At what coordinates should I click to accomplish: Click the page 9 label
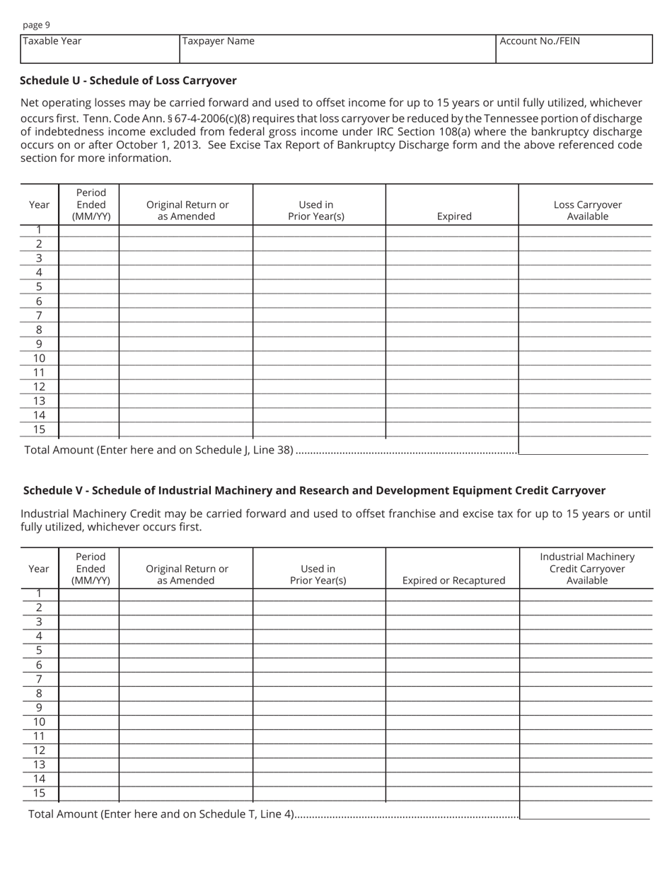pos(36,25)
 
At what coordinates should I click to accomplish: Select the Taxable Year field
pos(100,49)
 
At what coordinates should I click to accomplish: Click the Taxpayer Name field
pos(337,49)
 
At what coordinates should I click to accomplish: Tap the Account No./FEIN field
pos(574,49)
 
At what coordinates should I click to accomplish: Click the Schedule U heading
pos(128,81)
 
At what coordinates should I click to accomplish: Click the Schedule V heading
pos(314,490)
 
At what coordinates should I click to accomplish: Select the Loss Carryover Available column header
pos(587,210)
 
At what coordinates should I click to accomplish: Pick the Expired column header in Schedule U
pos(453,216)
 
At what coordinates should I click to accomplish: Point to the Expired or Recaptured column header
pos(453,580)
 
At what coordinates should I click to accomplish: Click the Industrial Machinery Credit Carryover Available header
pos(587,568)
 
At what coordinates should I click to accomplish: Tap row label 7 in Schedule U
pos(39,315)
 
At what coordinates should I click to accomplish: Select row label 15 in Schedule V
pos(39,793)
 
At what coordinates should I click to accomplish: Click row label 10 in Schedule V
pos(39,721)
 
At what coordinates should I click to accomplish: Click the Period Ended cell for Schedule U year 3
pos(89,258)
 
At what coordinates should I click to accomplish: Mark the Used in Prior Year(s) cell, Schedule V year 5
pos(319,651)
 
